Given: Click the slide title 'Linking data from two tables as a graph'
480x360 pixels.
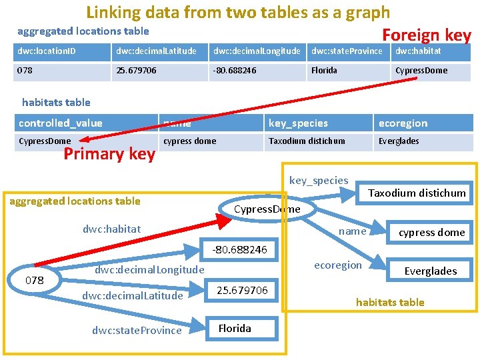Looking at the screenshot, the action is pos(238,12).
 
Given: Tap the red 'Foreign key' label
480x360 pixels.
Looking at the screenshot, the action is pos(426,35).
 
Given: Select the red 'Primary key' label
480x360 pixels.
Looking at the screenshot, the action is pos(109,155).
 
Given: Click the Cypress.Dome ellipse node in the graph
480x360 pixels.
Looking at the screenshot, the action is pos(267,209).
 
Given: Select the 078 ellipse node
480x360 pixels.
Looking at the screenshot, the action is pos(34,280).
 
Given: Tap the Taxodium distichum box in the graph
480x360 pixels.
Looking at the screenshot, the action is pos(417,193).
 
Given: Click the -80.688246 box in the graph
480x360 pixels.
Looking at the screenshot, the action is pos(239,250).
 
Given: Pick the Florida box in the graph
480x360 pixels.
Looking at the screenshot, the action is pos(235,328).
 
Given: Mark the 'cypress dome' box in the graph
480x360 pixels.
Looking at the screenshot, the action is pos(431,233).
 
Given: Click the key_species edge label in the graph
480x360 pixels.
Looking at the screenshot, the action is pos(319,181).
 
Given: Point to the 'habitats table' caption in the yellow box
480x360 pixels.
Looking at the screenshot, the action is pos(390,302).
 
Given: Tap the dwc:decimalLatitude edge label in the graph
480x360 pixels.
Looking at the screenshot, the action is pos(132,295).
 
